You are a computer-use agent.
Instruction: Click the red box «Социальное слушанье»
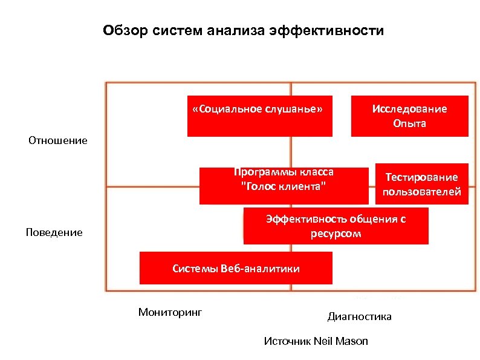click(x=260, y=116)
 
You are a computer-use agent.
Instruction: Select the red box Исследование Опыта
click(x=410, y=116)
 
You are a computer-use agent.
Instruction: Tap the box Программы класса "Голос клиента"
click(x=284, y=186)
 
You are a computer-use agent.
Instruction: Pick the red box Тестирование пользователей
click(x=422, y=184)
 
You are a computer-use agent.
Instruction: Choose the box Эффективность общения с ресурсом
click(x=336, y=226)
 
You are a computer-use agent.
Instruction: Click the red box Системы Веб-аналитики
click(x=236, y=268)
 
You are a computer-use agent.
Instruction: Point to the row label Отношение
click(x=58, y=141)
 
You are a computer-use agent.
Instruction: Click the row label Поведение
click(x=54, y=232)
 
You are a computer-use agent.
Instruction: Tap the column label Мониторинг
click(x=170, y=312)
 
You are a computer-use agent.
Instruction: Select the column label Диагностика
click(x=359, y=316)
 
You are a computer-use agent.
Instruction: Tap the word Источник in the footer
click(x=288, y=341)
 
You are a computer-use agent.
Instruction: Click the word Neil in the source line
click(x=324, y=341)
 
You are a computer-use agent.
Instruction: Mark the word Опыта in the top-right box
click(x=410, y=123)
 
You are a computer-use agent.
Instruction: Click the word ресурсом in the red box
click(x=336, y=234)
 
